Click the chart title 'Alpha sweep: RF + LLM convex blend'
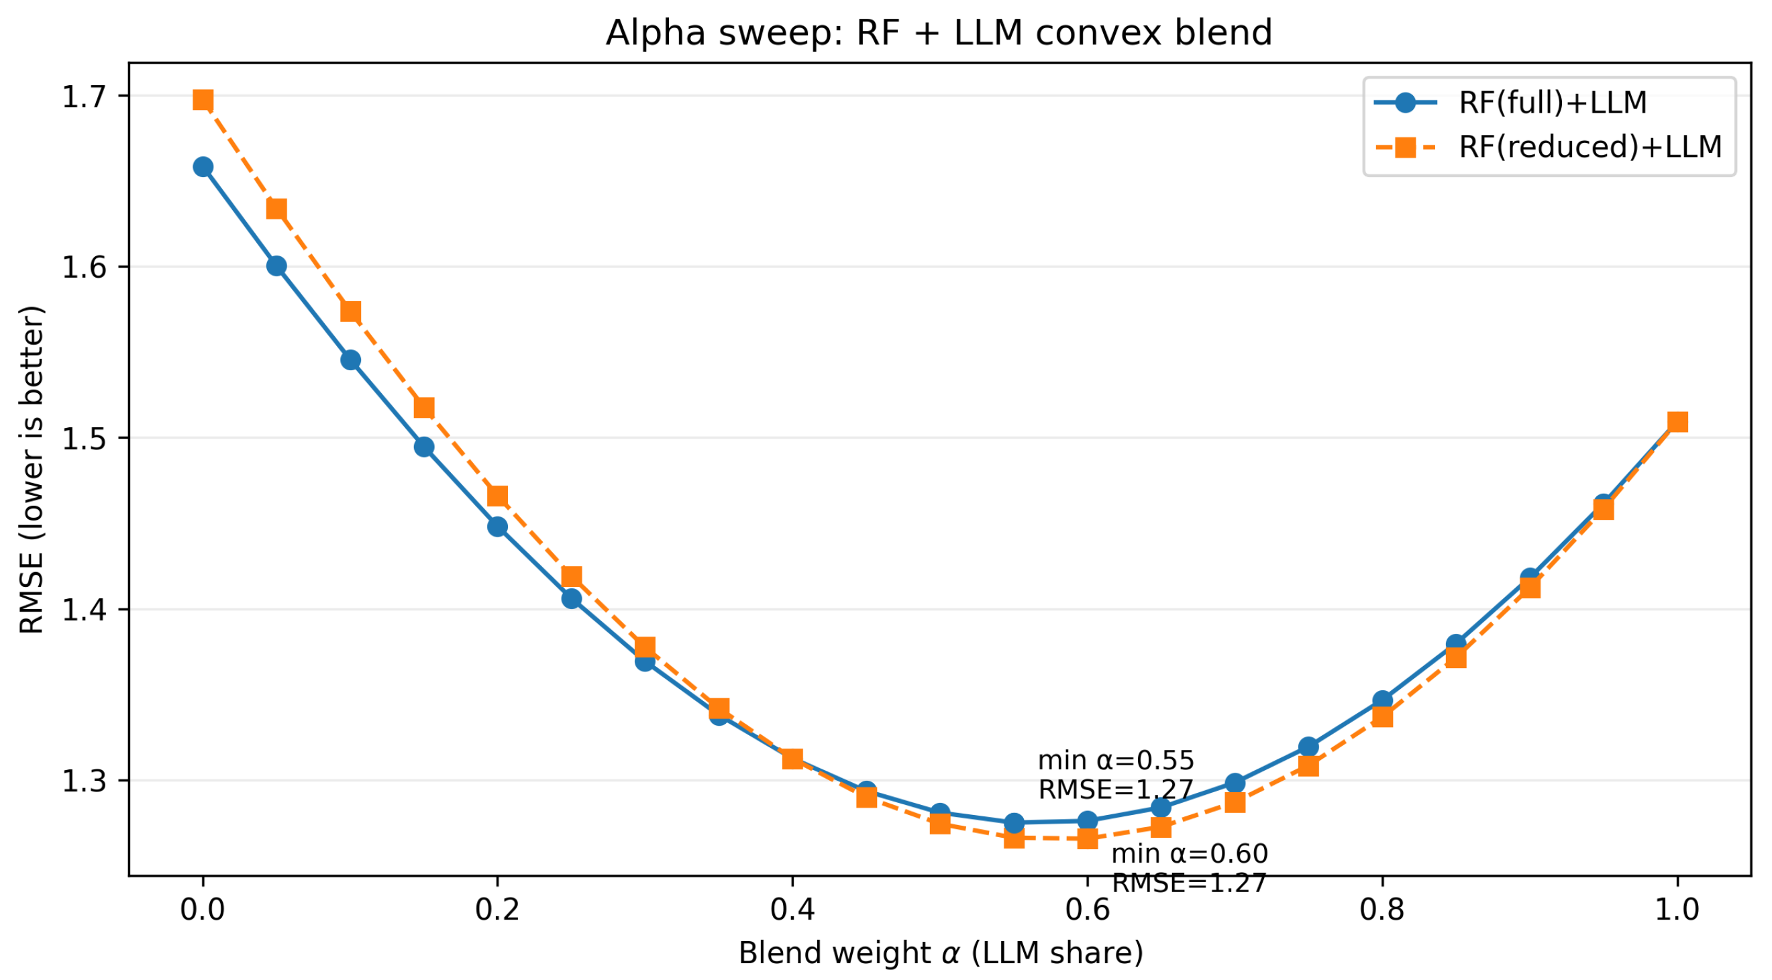pyautogui.click(x=938, y=33)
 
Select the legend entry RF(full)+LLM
pyautogui.click(x=1553, y=103)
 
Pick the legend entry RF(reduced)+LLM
pyautogui.click(x=1589, y=147)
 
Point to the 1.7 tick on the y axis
pyautogui.click(x=85, y=97)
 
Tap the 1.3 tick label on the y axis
pyautogui.click(x=85, y=781)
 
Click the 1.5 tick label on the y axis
pyautogui.click(x=85, y=439)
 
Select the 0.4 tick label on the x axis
pyautogui.click(x=792, y=910)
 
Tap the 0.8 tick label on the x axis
pyautogui.click(x=1382, y=910)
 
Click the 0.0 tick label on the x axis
pyautogui.click(x=202, y=910)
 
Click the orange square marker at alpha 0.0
pyautogui.click(x=202, y=101)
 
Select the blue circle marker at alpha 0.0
pyautogui.click(x=202, y=167)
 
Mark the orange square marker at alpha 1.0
pyautogui.click(x=1677, y=421)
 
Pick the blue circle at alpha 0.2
pyautogui.click(x=497, y=527)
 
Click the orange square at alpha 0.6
pyautogui.click(x=1087, y=838)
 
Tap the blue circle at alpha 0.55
pyautogui.click(x=1013, y=822)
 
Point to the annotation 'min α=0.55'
pyautogui.click(x=1116, y=761)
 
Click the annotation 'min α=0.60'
pyautogui.click(x=1190, y=854)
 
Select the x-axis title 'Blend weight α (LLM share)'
pyautogui.click(x=940, y=954)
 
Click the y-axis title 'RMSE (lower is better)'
pyautogui.click(x=32, y=470)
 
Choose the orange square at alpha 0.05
pyautogui.click(x=276, y=209)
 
